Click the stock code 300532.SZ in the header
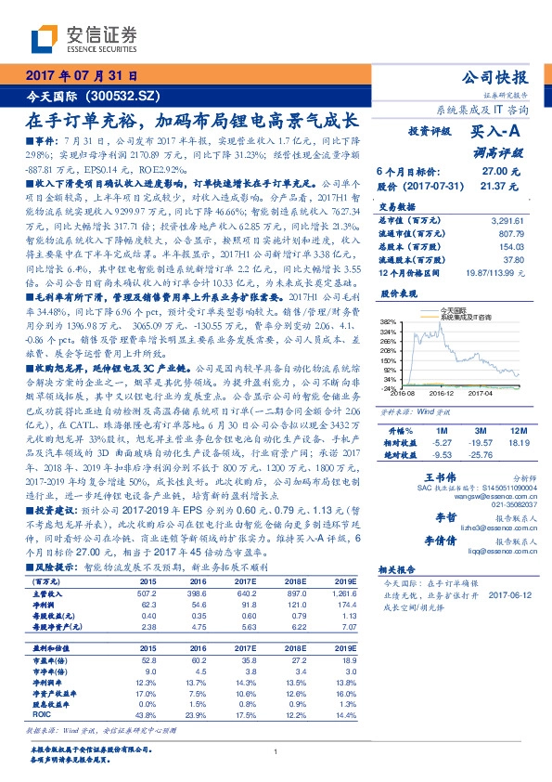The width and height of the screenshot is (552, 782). tap(122, 96)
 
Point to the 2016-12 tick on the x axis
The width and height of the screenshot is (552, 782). tap(442, 394)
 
